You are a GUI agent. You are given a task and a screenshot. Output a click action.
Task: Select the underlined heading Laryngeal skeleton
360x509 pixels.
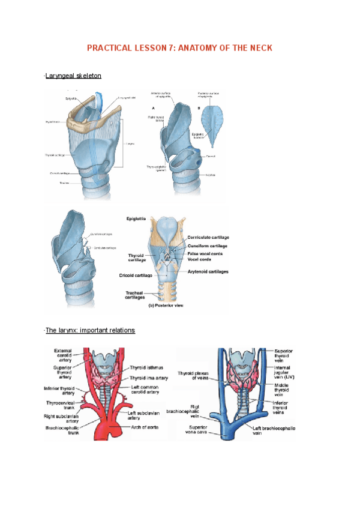(x=73, y=76)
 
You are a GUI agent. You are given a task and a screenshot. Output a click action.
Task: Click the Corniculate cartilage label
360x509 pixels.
(x=208, y=238)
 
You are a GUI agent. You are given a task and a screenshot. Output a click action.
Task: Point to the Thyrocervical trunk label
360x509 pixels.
(x=59, y=406)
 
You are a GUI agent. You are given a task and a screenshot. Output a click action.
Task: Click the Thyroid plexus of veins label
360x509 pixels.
(x=193, y=376)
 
